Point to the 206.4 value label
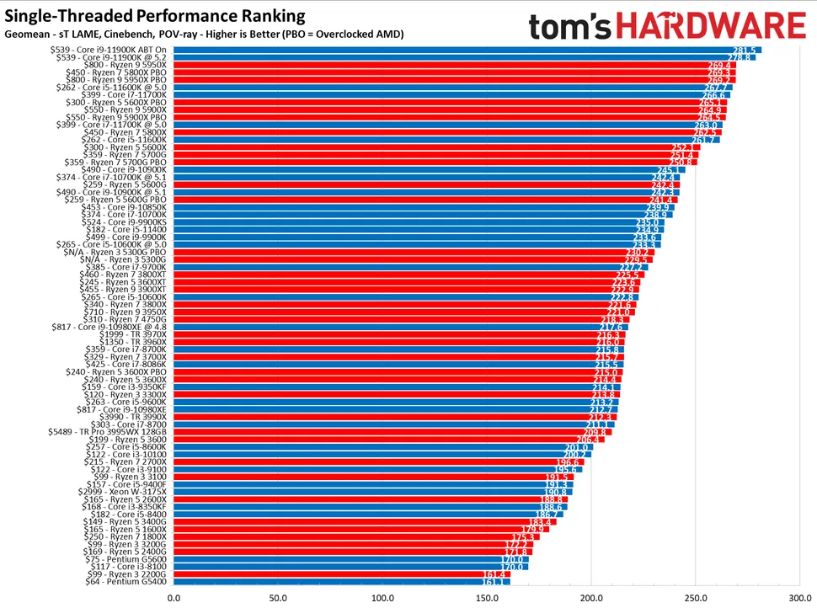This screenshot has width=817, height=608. point(588,440)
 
